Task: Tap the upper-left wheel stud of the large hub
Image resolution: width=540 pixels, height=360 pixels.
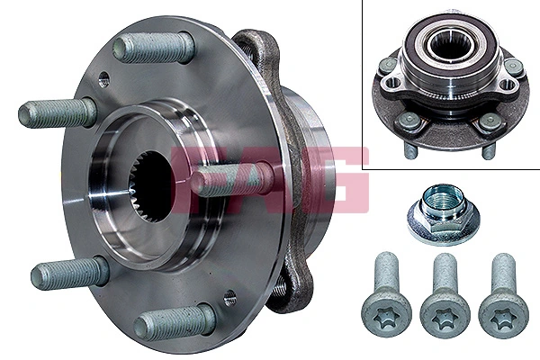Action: (57, 112)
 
